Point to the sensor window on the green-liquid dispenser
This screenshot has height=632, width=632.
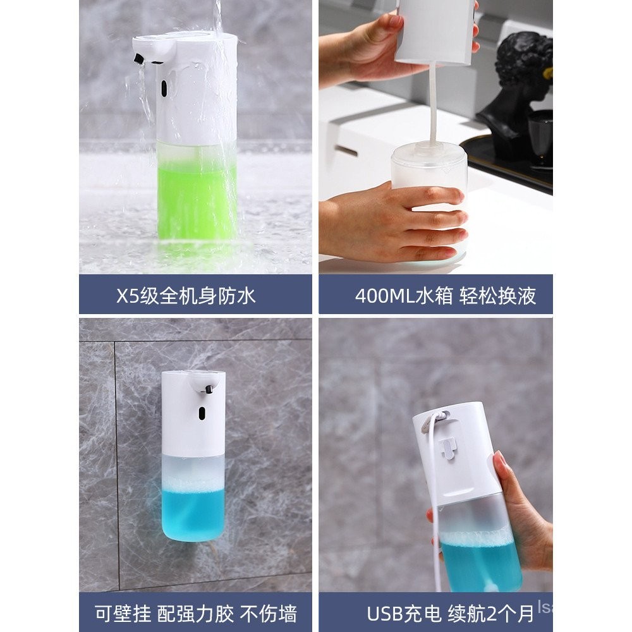click(x=164, y=88)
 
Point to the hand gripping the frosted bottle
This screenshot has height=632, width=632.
click(x=386, y=221)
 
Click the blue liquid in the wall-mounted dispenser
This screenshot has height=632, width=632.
click(x=193, y=512)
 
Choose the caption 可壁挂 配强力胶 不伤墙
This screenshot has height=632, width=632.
click(x=196, y=612)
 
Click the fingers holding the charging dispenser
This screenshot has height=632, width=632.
click(x=515, y=499)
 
